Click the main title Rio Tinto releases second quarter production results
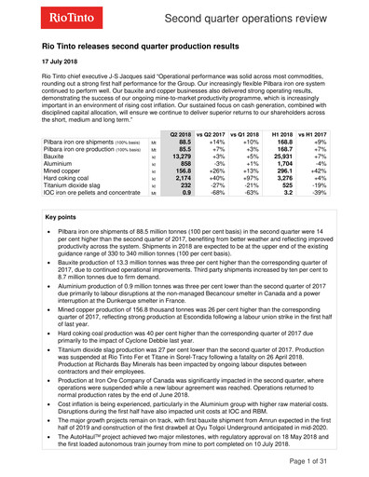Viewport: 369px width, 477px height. pyautogui.click(x=154, y=44)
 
